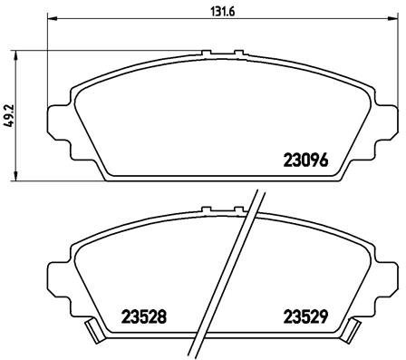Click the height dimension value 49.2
click(10, 119)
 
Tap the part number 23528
click(144, 317)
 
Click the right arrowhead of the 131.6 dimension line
click(392, 20)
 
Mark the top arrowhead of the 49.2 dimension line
click(21, 56)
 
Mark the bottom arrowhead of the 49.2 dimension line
click(21, 176)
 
